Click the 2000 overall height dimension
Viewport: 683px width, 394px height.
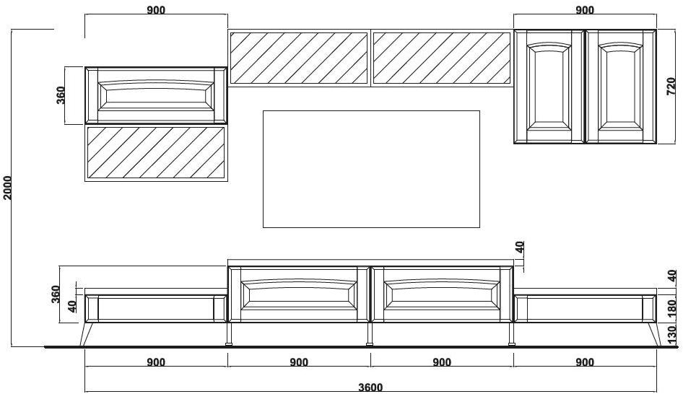coord(7,187)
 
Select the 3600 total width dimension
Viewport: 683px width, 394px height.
coord(370,387)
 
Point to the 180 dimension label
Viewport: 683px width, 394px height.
coord(671,308)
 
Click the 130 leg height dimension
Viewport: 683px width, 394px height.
coord(671,333)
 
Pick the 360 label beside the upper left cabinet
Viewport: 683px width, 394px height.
coord(61,95)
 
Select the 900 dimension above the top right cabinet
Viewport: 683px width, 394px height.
coord(585,9)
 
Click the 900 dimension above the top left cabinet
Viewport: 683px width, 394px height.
coord(155,9)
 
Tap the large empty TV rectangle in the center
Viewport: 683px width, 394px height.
coord(371,169)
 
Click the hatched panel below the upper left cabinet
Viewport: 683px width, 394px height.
coord(156,152)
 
